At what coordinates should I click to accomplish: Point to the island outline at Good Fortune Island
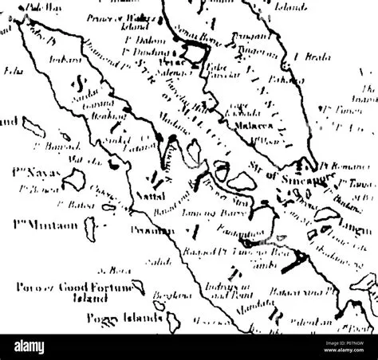[x=139, y=285]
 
